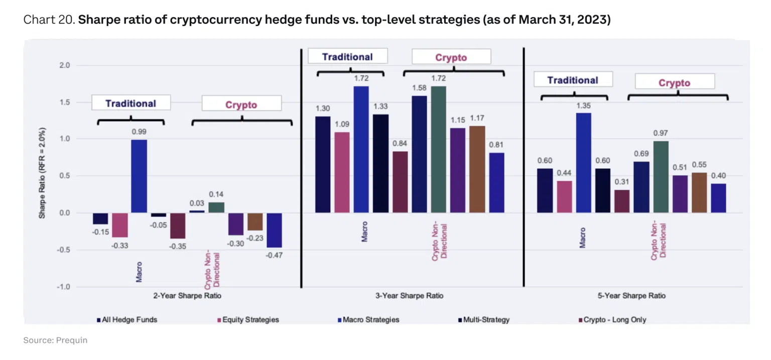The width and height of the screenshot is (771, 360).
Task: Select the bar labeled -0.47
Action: pos(274,230)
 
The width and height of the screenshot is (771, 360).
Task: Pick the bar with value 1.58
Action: pos(420,154)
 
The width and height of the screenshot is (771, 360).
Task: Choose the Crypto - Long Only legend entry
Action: pos(612,319)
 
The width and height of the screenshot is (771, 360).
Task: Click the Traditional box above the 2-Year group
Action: pos(131,103)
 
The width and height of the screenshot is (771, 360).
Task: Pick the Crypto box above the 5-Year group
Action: pos(674,83)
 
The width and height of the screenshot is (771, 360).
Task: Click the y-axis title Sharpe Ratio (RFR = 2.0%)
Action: pos(43,176)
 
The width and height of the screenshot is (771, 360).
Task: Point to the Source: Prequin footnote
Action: pos(55,340)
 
